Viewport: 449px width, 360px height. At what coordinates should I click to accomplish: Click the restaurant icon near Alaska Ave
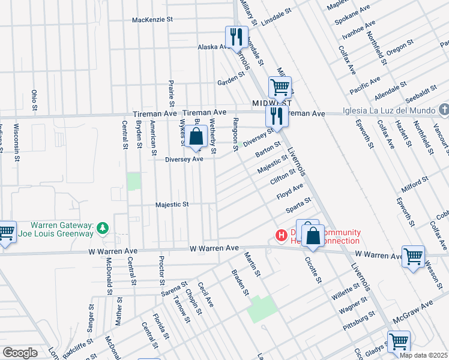tap(235, 38)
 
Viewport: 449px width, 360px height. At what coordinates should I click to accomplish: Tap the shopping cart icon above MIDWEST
tap(280, 88)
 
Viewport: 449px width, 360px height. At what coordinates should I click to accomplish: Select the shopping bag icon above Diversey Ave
tap(196, 137)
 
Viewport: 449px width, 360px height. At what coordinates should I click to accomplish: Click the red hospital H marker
tap(280, 236)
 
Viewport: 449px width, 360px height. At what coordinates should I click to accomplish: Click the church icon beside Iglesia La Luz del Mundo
tap(443, 109)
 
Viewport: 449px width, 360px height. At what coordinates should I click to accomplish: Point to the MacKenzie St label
tap(152, 20)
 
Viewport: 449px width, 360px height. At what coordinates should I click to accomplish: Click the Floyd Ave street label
tap(289, 193)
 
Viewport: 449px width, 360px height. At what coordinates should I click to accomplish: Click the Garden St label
tap(232, 79)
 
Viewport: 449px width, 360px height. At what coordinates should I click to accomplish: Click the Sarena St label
tap(175, 289)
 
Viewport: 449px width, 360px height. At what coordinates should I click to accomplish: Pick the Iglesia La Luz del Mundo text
tap(380, 112)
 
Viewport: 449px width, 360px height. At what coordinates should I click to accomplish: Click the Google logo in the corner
tap(20, 352)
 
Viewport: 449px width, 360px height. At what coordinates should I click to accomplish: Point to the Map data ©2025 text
tap(423, 355)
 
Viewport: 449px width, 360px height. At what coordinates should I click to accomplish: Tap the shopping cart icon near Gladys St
tap(399, 342)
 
